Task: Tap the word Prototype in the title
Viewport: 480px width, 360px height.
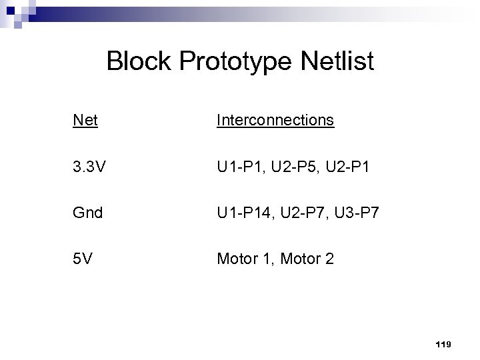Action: (226, 63)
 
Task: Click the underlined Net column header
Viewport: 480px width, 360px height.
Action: (85, 120)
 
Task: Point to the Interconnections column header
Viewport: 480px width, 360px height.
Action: (275, 120)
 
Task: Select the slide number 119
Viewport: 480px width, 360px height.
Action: (443, 344)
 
